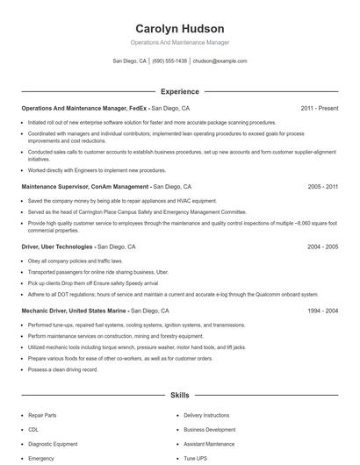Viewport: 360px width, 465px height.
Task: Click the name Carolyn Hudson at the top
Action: tap(179, 28)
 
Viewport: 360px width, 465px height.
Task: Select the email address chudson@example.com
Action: tap(220, 61)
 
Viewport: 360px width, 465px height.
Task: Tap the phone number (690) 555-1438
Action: tap(169, 61)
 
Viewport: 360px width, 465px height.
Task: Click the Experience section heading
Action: tap(179, 91)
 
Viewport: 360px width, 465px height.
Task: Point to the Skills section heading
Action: tap(179, 396)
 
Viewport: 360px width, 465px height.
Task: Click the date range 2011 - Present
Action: tap(319, 108)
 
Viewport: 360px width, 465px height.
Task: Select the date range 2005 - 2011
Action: tap(323, 187)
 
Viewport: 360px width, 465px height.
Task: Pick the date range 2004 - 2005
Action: tap(323, 247)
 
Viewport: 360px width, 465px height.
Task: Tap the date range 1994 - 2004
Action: tap(323, 311)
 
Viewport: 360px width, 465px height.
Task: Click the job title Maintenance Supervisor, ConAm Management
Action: tap(84, 187)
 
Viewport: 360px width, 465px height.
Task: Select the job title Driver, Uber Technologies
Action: tap(56, 247)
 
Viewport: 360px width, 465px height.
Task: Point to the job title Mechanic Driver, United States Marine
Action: tap(75, 311)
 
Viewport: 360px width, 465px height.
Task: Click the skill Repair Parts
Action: tap(42, 415)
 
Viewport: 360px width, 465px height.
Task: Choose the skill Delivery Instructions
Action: tap(206, 415)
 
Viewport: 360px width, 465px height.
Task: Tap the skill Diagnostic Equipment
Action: tap(53, 444)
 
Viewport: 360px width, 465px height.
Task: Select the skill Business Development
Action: tap(209, 430)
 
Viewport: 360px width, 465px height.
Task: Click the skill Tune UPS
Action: tap(196, 459)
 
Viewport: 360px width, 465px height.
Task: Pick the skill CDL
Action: tap(33, 430)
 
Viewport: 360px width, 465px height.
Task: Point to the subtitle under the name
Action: tap(179, 42)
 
